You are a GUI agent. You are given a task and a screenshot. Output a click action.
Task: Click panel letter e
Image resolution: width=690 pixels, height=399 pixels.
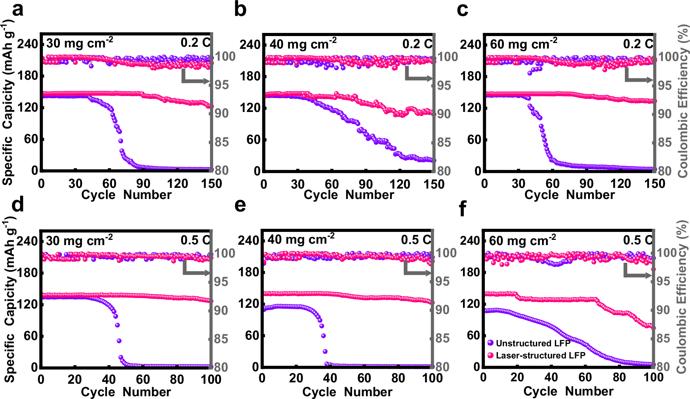tap(240, 205)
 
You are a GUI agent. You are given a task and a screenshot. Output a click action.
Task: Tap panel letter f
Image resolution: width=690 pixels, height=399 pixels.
tap(462, 209)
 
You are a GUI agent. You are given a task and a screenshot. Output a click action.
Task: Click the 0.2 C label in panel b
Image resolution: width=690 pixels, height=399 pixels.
tap(417, 44)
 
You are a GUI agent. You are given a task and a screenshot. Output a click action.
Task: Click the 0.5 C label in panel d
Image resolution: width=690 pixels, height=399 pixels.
tap(195, 240)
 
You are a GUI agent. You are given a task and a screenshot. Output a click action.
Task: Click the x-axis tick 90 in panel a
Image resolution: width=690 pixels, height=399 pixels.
tap(143, 183)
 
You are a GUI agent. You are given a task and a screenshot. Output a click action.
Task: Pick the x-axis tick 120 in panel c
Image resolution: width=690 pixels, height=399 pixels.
tap(620, 183)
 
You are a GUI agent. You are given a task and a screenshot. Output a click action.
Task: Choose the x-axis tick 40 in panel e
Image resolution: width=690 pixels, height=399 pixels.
tap(330, 378)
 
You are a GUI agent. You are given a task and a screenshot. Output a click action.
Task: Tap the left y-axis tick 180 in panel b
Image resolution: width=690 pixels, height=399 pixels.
tap(250, 76)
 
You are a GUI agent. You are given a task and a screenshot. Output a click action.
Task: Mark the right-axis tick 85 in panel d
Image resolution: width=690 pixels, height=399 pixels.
tap(221, 339)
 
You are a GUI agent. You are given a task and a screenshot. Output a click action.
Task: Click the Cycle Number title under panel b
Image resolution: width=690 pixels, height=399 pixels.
tap(348, 195)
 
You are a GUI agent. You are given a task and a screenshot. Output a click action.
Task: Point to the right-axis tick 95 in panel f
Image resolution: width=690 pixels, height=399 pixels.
tap(663, 281)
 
